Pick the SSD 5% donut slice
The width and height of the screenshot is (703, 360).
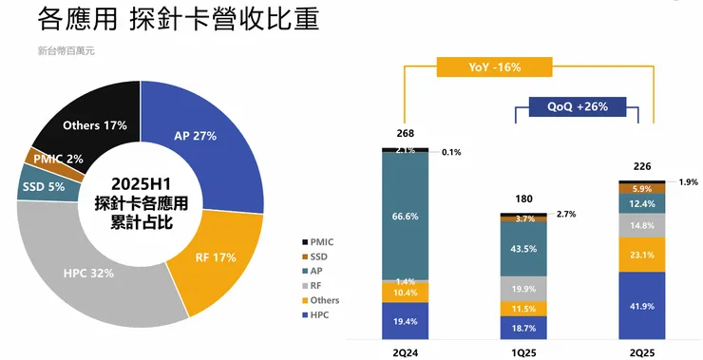(x=42, y=187)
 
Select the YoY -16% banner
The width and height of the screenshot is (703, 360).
(x=493, y=67)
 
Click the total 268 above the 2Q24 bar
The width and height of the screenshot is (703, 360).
(x=407, y=133)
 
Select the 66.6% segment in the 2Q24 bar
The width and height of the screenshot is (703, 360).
(x=406, y=216)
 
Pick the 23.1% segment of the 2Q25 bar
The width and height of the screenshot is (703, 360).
(x=641, y=255)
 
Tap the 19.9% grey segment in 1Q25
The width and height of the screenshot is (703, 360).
(x=524, y=289)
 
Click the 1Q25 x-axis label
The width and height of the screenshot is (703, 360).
(x=524, y=351)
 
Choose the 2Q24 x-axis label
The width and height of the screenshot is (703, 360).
(x=406, y=351)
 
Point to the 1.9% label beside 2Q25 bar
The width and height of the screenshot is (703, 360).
(x=689, y=182)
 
